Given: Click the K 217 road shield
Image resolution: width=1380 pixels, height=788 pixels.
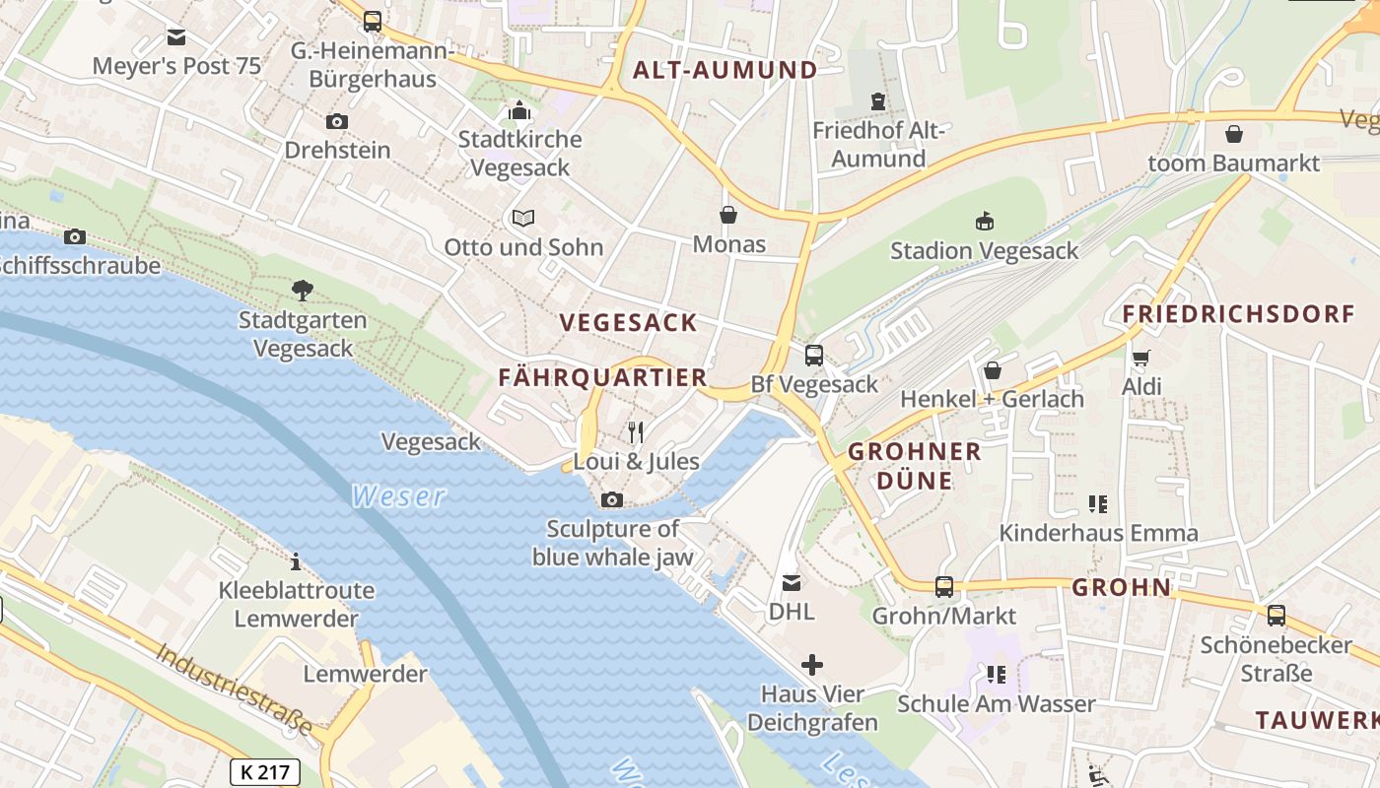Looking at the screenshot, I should point(265,771).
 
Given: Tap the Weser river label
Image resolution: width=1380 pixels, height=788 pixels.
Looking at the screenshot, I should point(398,496).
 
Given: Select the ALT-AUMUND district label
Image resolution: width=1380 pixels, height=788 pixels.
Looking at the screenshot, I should point(724,70).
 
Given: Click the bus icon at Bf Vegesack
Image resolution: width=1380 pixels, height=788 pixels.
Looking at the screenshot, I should point(814,356).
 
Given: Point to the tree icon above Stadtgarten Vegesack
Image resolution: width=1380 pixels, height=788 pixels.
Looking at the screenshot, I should point(303,291).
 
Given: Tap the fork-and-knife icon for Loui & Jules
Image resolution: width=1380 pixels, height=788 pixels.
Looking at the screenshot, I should point(636,431).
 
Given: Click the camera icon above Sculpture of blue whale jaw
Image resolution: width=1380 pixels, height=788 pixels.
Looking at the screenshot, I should point(612,499).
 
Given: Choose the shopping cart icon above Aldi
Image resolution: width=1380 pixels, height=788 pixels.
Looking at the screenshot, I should point(1141,358).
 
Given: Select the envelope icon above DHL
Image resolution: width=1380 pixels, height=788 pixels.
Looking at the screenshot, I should point(792,582).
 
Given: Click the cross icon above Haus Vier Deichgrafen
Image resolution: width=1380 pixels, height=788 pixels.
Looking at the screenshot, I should point(812,665).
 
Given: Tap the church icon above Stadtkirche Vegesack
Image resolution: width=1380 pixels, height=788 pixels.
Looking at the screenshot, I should point(519,110).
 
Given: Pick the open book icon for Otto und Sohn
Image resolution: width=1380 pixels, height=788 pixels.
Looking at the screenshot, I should point(522,218).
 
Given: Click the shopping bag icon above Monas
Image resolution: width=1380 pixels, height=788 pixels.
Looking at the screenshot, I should point(728,215).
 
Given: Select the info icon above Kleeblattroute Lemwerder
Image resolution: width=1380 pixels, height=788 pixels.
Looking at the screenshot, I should point(296,561).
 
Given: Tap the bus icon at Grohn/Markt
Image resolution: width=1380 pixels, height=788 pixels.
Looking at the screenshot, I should point(943,587).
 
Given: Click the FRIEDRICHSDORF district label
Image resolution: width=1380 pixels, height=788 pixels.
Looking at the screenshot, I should point(1239,314).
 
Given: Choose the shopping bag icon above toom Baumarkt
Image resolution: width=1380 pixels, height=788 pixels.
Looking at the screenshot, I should point(1233,133).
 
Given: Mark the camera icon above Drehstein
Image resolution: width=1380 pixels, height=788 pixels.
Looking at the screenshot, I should point(337,121).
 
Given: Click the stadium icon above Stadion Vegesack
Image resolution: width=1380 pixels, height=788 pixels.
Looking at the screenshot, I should point(984,221).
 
